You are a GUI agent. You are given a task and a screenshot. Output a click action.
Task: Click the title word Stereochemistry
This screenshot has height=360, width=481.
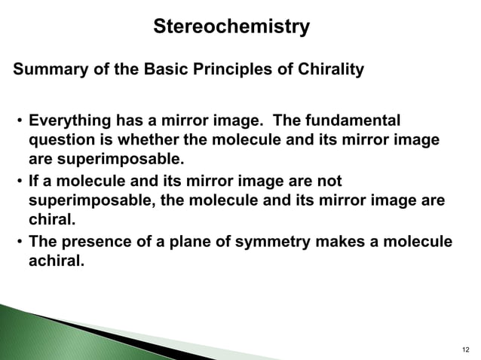231,27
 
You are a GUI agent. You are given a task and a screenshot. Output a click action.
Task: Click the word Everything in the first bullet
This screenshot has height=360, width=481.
69,121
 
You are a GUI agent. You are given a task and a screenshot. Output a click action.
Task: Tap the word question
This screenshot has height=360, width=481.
60,141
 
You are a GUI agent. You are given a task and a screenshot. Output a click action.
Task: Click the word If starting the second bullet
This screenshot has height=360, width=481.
34,181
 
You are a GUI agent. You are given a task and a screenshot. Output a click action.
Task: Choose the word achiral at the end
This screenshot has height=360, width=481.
55,261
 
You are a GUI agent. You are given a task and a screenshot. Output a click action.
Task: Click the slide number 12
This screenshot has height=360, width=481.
464,350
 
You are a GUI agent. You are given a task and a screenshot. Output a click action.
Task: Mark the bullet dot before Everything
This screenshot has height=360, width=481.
18,122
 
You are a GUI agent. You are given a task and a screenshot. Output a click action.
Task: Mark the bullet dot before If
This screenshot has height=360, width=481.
18,182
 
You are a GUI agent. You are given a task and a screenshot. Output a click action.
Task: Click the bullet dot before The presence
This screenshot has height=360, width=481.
18,242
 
